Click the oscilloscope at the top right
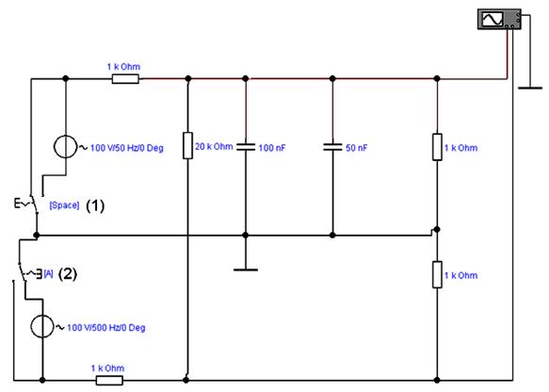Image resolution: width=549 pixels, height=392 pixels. [x=499, y=19]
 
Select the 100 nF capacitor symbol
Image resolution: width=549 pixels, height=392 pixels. [x=246, y=147]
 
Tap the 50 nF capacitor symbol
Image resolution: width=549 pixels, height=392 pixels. [x=332, y=147]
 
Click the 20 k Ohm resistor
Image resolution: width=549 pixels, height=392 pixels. [x=188, y=145]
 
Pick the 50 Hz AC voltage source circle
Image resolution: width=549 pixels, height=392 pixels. [x=66, y=147]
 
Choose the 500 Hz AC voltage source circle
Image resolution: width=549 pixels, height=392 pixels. [x=42, y=326]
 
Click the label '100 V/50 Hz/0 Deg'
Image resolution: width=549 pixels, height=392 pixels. [x=127, y=148]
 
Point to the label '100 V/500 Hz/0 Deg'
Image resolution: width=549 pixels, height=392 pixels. [x=106, y=328]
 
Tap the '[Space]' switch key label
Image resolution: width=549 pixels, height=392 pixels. [x=64, y=204]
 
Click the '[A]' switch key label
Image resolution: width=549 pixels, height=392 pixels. [x=48, y=273]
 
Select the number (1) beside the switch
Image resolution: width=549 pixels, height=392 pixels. [x=95, y=205]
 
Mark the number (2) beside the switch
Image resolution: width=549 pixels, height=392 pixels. [x=67, y=273]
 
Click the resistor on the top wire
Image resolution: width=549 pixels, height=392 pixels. [x=125, y=79]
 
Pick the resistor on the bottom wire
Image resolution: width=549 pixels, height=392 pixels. [x=109, y=380]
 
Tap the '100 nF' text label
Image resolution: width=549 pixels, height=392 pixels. [x=272, y=148]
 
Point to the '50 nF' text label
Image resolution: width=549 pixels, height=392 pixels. [x=357, y=148]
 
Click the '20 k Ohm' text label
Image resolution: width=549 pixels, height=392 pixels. [x=214, y=146]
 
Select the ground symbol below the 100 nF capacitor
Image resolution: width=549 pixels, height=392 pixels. [x=246, y=269]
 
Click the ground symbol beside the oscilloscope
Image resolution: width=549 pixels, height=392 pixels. [x=530, y=88]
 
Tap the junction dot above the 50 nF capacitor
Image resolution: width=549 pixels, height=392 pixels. [x=332, y=78]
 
